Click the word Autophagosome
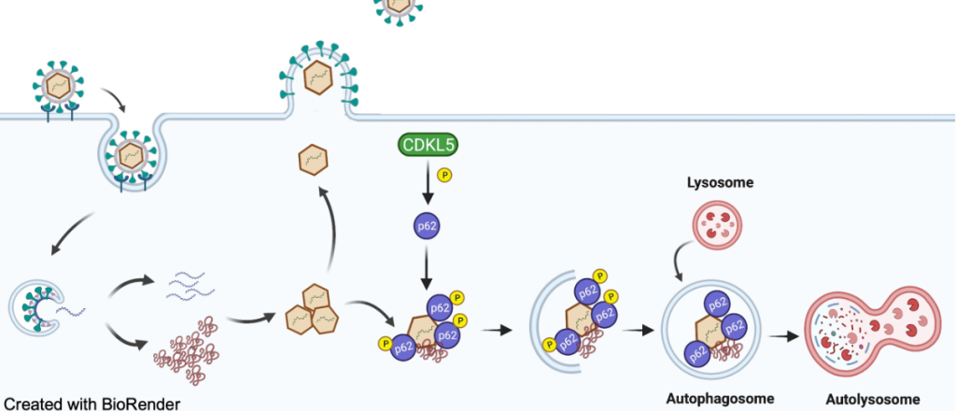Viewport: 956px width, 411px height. pyautogui.click(x=720, y=399)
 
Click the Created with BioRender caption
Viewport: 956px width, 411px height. pyautogui.click(x=91, y=403)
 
